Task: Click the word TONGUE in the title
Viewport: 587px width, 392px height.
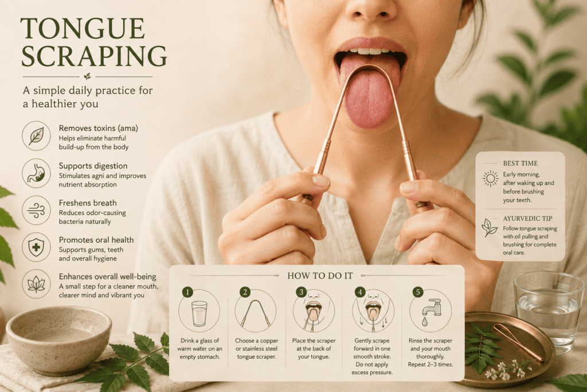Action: point(83,28)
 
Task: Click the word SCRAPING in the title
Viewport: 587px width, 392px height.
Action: point(94,56)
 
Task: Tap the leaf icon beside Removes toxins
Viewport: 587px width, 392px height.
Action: point(36,135)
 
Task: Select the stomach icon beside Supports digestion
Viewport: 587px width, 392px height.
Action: point(36,173)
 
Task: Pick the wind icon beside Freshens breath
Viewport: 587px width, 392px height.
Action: point(36,210)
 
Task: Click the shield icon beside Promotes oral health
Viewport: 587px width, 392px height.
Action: point(36,247)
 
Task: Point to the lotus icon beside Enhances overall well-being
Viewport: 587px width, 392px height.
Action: point(36,284)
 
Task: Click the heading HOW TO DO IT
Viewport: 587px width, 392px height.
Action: point(320,276)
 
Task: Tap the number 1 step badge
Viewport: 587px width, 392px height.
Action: point(187,292)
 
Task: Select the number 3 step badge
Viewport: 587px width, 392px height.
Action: point(302,292)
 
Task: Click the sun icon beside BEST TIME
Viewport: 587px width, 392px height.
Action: point(491,178)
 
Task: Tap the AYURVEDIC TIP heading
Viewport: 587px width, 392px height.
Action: point(527,219)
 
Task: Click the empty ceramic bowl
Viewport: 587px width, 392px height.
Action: point(59,339)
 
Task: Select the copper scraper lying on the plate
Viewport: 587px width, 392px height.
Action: point(518,343)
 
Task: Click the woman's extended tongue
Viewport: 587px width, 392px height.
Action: point(369,94)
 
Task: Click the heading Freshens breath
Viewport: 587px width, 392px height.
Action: point(88,203)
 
